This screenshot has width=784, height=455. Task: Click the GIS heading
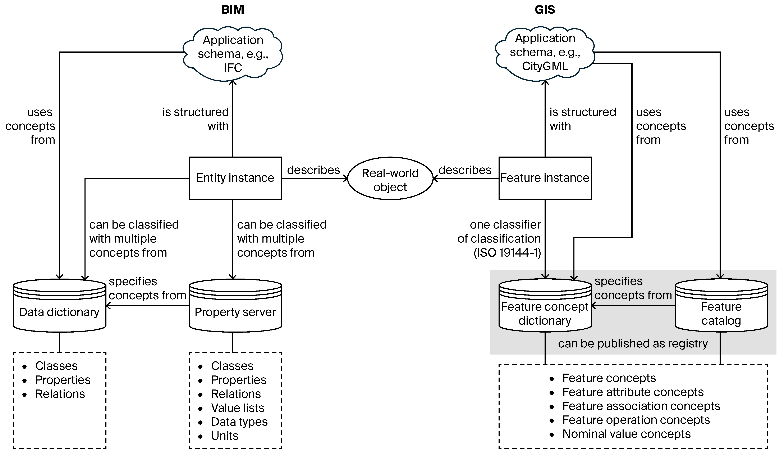545,10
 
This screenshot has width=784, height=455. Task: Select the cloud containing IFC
233,54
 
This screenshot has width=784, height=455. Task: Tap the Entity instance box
235,178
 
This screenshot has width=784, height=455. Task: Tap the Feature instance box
545,178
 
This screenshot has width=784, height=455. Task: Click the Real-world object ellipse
390,180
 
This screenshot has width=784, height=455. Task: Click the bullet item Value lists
238,408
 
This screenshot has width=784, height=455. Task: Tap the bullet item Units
225,436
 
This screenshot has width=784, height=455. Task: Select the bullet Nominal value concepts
626,434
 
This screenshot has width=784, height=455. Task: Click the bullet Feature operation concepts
636,420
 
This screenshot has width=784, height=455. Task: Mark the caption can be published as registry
633,343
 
